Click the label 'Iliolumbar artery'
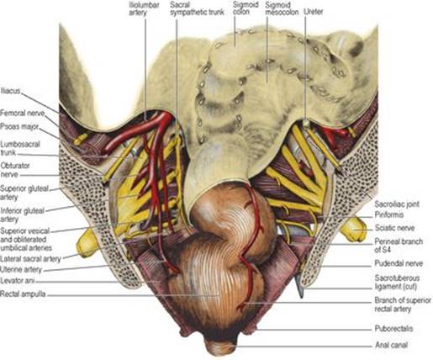point(144,8)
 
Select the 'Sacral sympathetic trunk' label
point(197,8)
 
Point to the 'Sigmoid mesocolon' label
point(282,8)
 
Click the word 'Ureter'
point(314,12)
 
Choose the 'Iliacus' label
point(10,91)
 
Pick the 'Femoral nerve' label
point(23,114)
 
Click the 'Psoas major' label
point(19,127)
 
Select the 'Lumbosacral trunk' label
point(20,149)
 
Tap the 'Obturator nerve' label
point(15,170)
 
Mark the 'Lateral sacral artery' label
point(30,259)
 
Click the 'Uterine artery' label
point(21,270)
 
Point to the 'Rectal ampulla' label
point(23,294)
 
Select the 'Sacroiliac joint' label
point(397,204)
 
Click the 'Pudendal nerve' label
point(399,263)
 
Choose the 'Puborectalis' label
point(393,328)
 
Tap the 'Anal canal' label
point(391,345)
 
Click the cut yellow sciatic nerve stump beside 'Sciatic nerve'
point(354,230)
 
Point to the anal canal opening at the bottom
point(220,347)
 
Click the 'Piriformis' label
point(389,214)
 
